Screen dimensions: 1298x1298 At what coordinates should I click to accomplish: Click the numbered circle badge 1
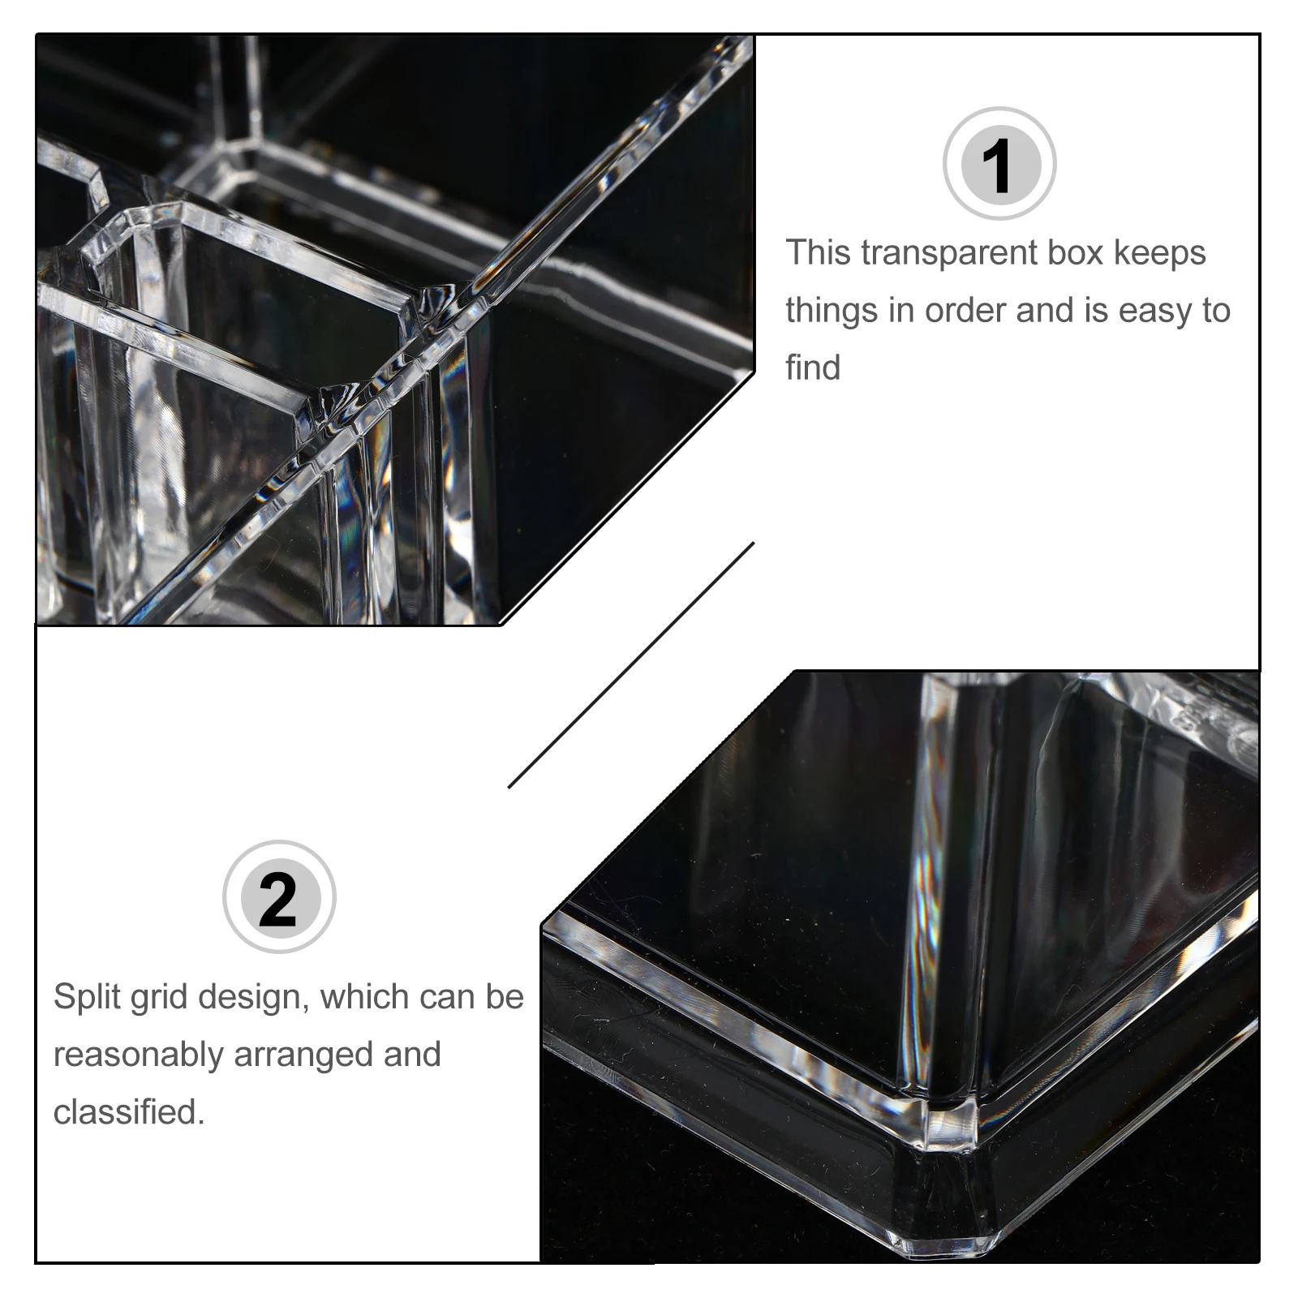(x=999, y=164)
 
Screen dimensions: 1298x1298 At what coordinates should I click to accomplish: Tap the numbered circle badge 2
(x=279, y=897)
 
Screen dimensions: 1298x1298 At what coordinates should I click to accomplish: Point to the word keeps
(x=1160, y=254)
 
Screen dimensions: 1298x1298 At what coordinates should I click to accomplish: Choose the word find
(x=813, y=367)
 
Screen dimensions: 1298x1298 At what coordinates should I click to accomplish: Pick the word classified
(x=129, y=1111)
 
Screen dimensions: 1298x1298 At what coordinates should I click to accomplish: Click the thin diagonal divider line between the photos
(x=631, y=665)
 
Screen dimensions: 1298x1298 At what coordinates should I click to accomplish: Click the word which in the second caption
(x=361, y=997)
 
